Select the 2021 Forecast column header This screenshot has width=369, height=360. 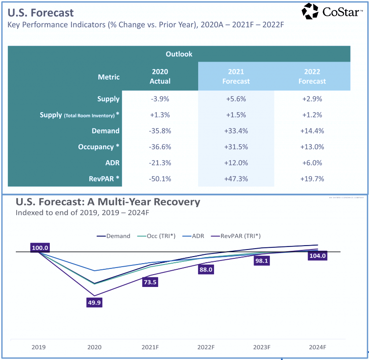(x=236, y=76)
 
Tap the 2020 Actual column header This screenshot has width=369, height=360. (x=160, y=76)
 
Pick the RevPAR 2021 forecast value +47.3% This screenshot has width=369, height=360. (x=236, y=179)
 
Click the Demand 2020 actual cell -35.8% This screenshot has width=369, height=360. (x=160, y=131)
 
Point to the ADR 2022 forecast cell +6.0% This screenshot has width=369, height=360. (x=312, y=162)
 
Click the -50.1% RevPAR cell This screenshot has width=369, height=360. (x=160, y=179)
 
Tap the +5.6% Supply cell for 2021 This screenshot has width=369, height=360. (x=236, y=99)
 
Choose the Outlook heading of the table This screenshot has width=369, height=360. (x=179, y=54)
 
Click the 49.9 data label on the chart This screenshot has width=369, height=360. (x=94, y=302)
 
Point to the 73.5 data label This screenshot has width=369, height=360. (x=150, y=282)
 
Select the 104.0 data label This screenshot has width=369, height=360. (x=317, y=256)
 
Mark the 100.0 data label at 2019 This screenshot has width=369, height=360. (x=40, y=248)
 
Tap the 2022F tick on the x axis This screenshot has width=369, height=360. (x=206, y=347)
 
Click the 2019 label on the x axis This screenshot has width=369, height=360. (x=39, y=347)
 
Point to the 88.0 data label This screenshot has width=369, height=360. (x=206, y=270)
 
